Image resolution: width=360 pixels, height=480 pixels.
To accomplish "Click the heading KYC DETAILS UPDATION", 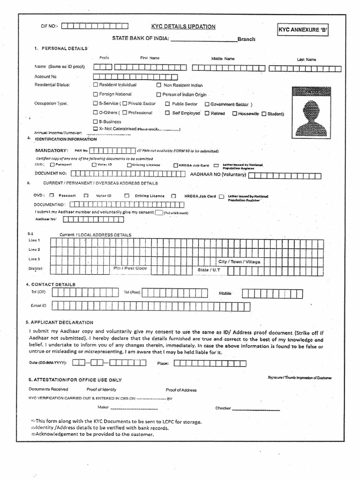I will click(183, 27).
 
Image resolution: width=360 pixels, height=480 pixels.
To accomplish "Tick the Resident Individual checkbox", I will click(96, 85).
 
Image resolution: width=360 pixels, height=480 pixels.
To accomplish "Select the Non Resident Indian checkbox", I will click(159, 85).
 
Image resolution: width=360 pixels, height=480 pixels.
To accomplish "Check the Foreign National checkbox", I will click(96, 94).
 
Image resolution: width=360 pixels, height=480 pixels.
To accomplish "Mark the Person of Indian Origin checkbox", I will click(159, 94).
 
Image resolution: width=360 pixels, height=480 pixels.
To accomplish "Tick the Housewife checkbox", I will click(234, 113).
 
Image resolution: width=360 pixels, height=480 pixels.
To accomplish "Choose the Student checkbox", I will click(264, 113).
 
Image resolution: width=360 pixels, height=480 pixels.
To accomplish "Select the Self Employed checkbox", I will click(167, 113).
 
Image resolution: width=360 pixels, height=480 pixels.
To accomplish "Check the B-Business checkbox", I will click(96, 121).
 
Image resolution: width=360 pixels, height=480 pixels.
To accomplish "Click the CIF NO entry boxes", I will click(93, 26).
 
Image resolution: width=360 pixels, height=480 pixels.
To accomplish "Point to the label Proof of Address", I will click(181, 390).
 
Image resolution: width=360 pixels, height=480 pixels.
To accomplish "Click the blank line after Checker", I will click(251, 409).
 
